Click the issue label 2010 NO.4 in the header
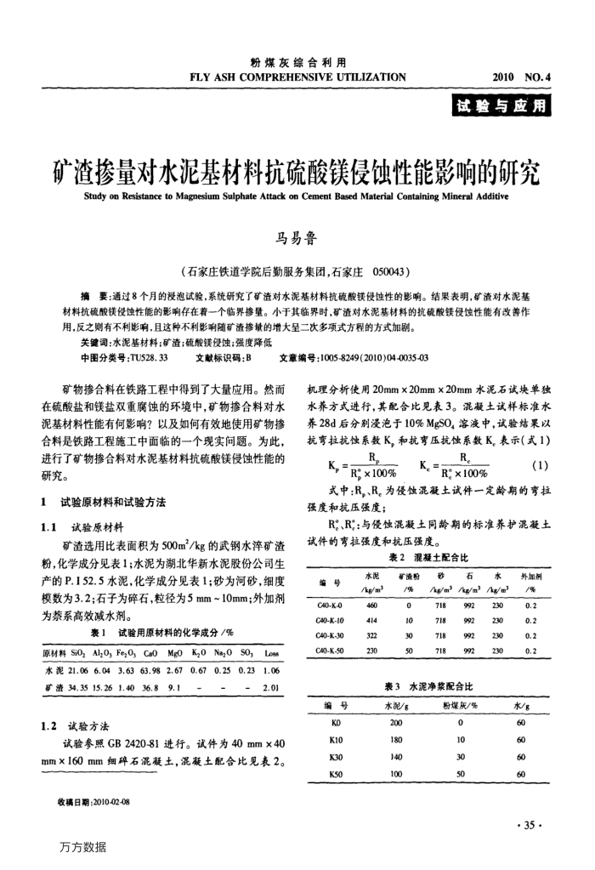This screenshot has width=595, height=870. (x=522, y=76)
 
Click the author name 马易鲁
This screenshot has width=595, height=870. (x=297, y=237)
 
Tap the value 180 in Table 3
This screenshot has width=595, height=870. (x=394, y=741)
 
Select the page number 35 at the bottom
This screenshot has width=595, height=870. (x=532, y=824)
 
